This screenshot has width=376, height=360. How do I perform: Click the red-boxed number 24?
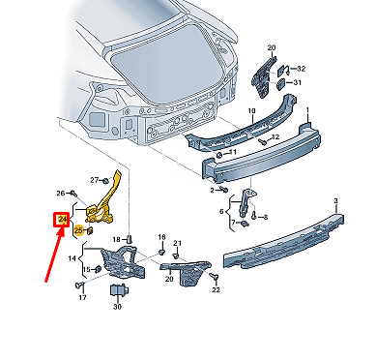pos(62,221)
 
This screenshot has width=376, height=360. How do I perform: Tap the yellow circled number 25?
pos(78,231)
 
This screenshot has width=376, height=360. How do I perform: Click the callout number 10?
pos(252,111)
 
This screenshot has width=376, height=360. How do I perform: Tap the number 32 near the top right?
pos(301,69)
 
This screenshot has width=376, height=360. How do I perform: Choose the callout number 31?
pos(296,83)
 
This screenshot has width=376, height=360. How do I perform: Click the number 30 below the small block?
pos(117,307)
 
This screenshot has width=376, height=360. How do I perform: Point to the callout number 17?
pos(82,298)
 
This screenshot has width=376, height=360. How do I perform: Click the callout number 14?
pos(72,259)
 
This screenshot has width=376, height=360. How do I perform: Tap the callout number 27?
pos(95,180)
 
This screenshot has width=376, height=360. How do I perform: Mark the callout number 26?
pos(60,193)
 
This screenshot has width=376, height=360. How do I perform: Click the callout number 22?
pos(216,289)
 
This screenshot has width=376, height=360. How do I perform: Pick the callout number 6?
pos(222,211)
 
